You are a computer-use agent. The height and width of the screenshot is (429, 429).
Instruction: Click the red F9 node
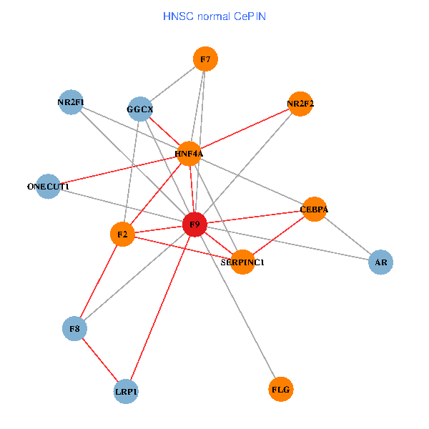click(194, 225)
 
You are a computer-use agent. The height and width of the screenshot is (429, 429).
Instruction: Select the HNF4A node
click(189, 153)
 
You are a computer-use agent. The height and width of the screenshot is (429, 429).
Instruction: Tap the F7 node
click(205, 59)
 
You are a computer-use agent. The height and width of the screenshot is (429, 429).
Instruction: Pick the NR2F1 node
click(71, 102)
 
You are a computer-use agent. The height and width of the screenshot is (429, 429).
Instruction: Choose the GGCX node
click(140, 109)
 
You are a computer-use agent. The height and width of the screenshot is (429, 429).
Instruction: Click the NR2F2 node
click(300, 104)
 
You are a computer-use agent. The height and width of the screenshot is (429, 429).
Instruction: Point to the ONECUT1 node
click(48, 187)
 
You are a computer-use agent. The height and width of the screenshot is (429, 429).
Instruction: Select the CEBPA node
click(314, 209)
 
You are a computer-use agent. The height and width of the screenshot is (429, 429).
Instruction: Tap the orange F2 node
click(122, 234)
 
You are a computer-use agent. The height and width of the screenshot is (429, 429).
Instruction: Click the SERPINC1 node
click(243, 262)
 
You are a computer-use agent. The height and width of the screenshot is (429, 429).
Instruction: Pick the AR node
click(381, 262)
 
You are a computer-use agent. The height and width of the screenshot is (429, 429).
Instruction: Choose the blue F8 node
click(74, 329)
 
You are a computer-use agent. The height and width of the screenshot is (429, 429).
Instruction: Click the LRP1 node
click(127, 391)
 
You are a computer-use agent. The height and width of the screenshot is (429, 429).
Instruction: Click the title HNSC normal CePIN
click(214, 16)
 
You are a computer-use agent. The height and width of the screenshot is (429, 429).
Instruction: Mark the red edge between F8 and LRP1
click(100, 360)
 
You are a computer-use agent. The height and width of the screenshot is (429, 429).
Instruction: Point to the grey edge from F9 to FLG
click(237, 307)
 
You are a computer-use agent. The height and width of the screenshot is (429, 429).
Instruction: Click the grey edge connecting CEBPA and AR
click(347, 236)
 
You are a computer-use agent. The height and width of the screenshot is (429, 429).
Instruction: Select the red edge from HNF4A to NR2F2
click(245, 129)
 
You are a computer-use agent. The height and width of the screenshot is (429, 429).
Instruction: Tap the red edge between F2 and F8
click(99, 281)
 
